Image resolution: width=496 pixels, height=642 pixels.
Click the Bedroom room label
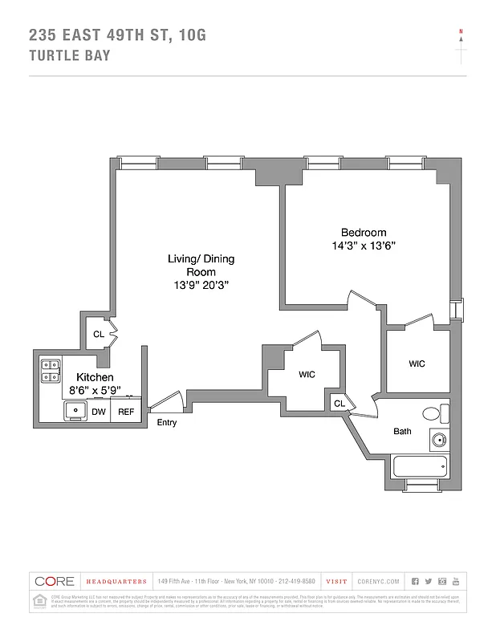point(364,232)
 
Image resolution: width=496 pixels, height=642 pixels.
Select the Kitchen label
point(94,377)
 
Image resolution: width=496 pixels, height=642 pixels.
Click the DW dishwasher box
point(99,412)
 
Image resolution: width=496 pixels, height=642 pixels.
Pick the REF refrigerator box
point(126,412)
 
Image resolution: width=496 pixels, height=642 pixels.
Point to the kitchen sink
point(77,411)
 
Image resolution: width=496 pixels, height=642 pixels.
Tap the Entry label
point(167,423)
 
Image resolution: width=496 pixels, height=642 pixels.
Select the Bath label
point(402,431)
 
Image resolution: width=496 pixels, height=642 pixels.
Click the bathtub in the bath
point(421,466)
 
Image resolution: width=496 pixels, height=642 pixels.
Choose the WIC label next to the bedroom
point(417,364)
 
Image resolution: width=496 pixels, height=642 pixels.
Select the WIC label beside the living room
point(307,375)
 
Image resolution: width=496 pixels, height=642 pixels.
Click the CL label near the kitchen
point(99,335)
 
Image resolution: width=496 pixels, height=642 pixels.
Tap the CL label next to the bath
point(339,404)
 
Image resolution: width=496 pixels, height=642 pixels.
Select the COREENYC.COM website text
point(379,581)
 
